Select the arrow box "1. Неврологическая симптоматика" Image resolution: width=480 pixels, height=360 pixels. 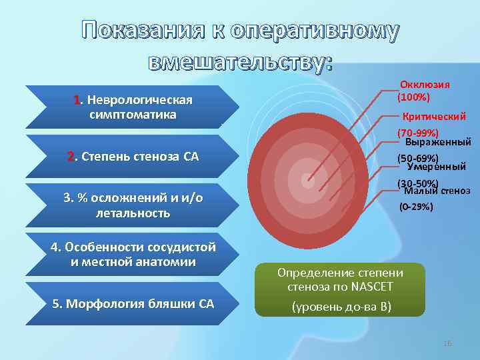pos(133,107)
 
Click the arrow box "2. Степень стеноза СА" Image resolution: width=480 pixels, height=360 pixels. pos(133,157)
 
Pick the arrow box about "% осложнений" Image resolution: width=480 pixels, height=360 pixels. pos(133,206)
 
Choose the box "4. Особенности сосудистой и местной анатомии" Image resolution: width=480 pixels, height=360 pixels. pos(133,254)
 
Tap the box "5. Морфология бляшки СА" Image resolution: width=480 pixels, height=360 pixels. pos(133,304)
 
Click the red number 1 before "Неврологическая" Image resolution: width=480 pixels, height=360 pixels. pos(77,100)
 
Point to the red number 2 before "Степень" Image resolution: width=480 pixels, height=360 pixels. pos(71,157)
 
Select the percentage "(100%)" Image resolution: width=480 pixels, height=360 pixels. pos(413,97)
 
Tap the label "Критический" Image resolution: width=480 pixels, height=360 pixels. pos(434,116)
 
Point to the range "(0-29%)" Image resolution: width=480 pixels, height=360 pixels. pos(416,207)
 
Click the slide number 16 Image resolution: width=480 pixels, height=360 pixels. pos(447,343)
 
